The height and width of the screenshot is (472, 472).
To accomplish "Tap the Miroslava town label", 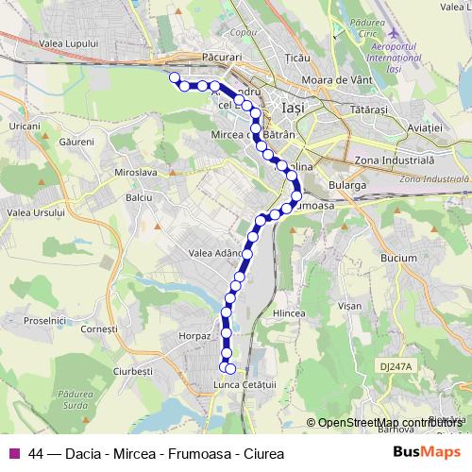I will click(x=135, y=173).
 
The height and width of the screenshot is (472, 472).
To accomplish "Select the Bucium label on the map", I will click(x=400, y=257).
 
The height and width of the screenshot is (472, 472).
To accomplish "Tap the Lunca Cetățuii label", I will click(x=244, y=382).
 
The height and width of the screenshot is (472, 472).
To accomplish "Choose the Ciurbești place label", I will click(x=133, y=371).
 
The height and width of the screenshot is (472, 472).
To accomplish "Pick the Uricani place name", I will click(x=24, y=126).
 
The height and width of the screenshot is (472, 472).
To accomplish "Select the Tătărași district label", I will click(x=368, y=110).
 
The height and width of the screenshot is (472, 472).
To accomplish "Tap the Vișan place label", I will click(x=349, y=306).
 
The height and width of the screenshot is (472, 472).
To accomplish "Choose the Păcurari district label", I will click(x=222, y=58).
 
